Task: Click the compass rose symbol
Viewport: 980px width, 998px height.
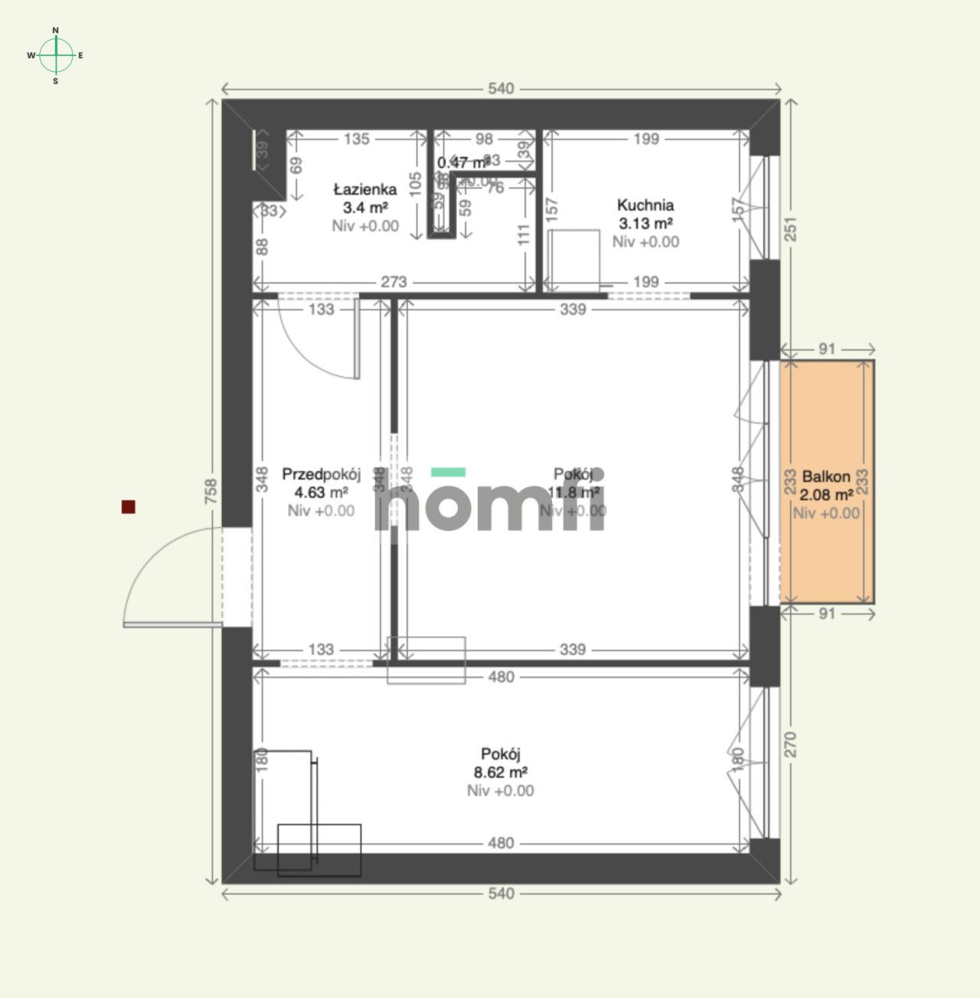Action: click(x=56, y=55)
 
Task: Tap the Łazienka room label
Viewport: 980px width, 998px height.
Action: click(x=364, y=189)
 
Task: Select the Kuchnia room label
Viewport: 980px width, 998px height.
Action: click(x=645, y=205)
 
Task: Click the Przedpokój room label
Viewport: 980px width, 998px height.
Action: click(x=321, y=474)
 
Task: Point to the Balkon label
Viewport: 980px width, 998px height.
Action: click(x=826, y=476)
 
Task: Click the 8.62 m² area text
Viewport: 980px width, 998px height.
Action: click(x=501, y=772)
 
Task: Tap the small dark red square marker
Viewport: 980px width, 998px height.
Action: click(x=129, y=506)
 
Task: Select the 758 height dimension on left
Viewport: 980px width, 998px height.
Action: click(x=211, y=491)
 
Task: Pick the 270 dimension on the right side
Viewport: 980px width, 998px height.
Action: click(x=791, y=745)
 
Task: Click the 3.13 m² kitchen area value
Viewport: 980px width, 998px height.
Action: click(x=645, y=224)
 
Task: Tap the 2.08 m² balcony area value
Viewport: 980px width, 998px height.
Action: click(x=827, y=495)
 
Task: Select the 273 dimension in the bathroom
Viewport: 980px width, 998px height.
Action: click(x=394, y=282)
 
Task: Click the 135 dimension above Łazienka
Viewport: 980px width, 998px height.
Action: click(x=357, y=139)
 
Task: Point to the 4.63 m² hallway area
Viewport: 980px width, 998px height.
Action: click(x=321, y=492)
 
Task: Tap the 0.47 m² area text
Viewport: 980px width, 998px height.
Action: click(x=462, y=162)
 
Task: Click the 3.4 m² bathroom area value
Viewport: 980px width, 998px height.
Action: click(x=365, y=208)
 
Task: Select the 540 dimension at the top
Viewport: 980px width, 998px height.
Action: click(x=501, y=89)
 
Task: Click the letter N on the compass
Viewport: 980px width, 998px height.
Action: click(x=55, y=30)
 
